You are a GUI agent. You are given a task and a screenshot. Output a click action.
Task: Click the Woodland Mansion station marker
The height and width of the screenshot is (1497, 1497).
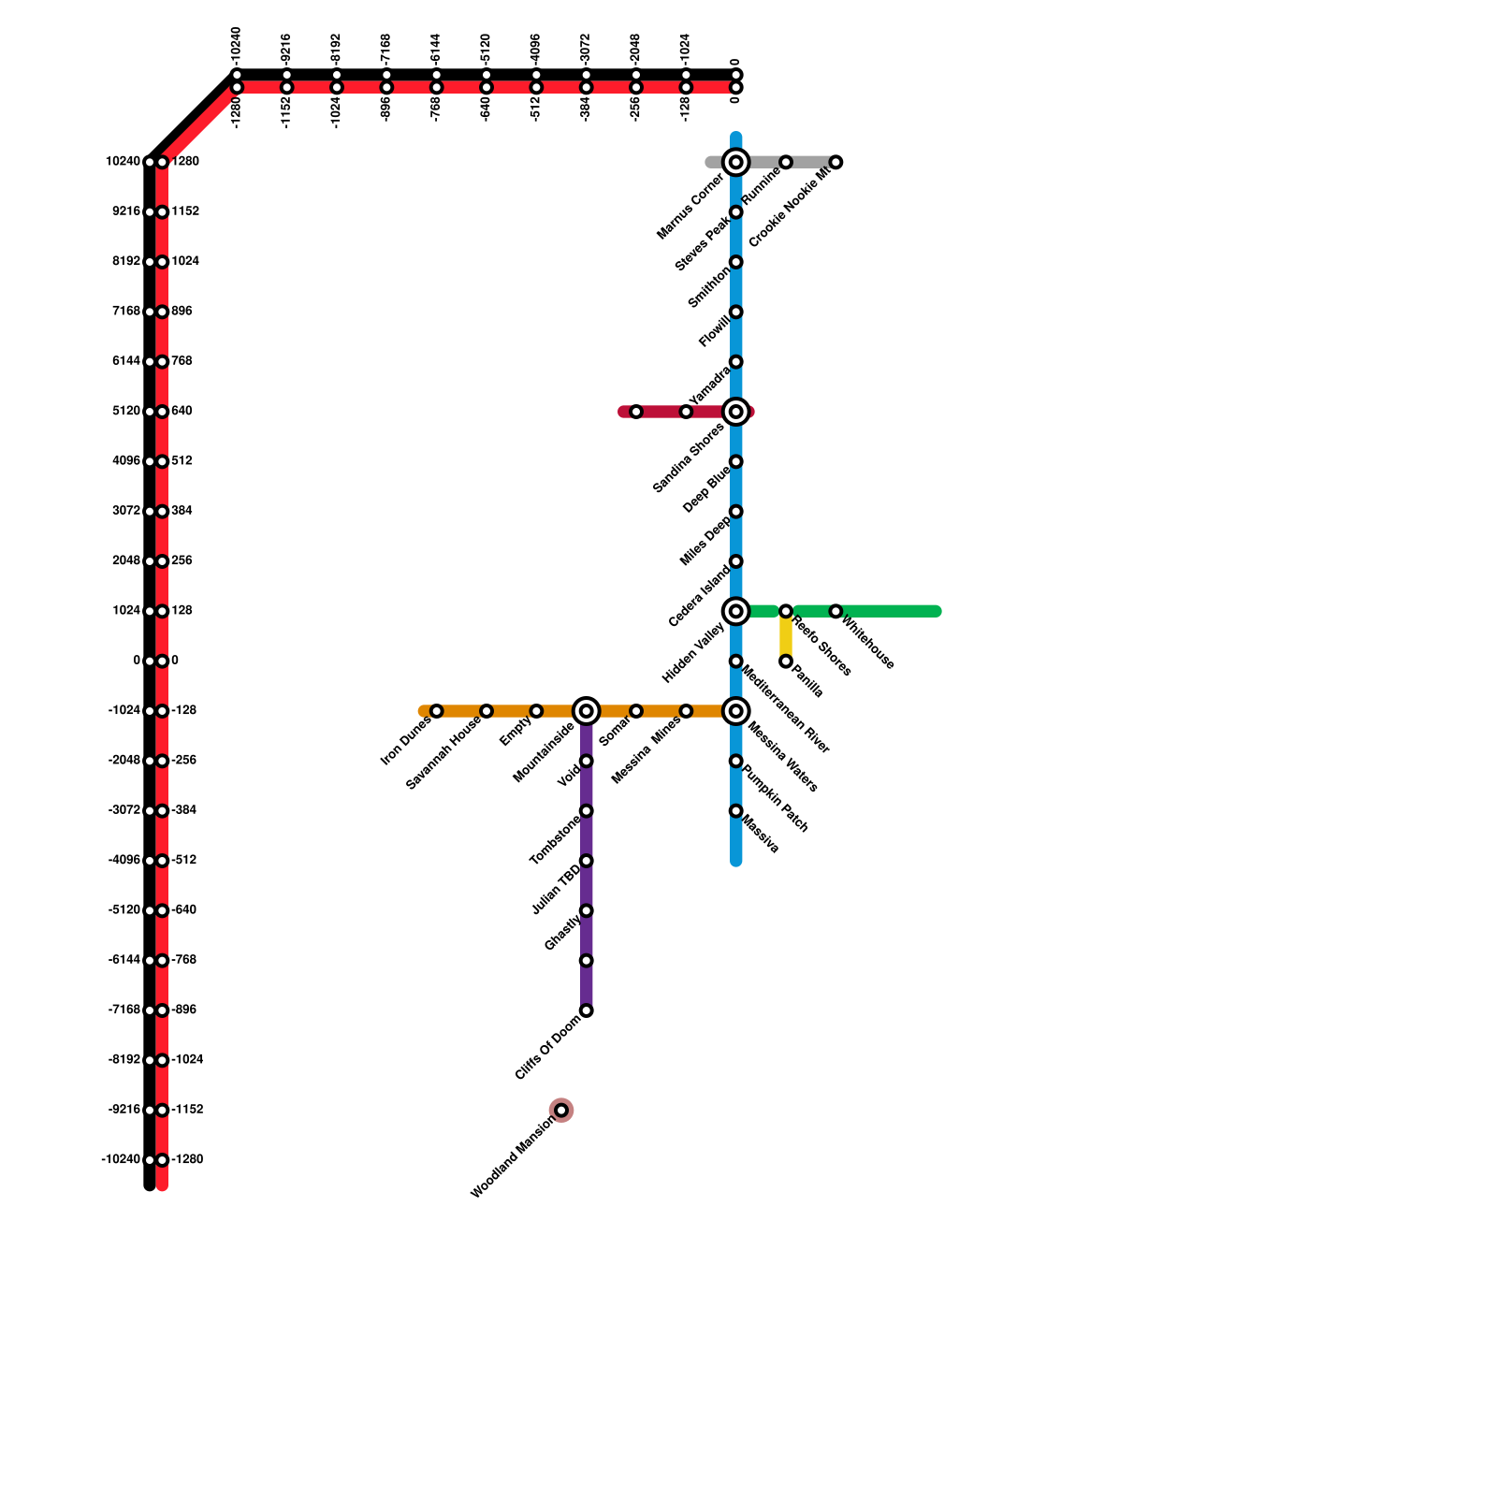(x=561, y=1111)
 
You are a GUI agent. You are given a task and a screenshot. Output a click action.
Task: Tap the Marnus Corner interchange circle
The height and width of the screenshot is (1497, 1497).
(x=736, y=163)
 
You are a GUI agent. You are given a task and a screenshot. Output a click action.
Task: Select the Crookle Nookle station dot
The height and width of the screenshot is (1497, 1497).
(x=836, y=163)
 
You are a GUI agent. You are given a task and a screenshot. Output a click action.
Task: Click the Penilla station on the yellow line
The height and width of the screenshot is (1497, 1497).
(x=786, y=662)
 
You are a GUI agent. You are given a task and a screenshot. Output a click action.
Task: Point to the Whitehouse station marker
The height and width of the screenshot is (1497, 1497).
(x=836, y=612)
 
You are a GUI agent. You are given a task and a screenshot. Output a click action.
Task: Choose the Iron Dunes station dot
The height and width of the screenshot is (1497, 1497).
(x=437, y=712)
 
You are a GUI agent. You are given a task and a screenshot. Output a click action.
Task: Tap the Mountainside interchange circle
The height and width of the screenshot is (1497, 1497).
(x=587, y=712)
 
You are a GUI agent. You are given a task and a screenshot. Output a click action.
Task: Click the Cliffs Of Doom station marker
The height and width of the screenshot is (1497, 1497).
(x=587, y=1010)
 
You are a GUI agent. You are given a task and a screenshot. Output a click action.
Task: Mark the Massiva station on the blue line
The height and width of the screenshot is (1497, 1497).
(x=736, y=811)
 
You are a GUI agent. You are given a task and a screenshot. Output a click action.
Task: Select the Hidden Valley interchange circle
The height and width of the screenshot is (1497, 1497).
(x=736, y=612)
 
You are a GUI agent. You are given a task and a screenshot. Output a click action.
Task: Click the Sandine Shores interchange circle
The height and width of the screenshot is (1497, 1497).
(x=736, y=412)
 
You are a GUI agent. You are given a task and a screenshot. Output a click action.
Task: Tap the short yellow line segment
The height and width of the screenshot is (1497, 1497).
(x=786, y=637)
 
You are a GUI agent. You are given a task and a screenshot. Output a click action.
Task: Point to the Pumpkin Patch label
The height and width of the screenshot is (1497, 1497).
(x=775, y=798)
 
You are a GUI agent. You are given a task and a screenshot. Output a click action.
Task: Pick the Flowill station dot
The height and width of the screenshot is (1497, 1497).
(x=736, y=312)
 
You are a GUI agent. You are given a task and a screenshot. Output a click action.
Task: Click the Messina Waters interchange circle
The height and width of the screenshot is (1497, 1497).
(x=736, y=712)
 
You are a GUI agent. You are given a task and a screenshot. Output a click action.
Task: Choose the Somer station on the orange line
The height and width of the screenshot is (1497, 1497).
(x=636, y=712)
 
